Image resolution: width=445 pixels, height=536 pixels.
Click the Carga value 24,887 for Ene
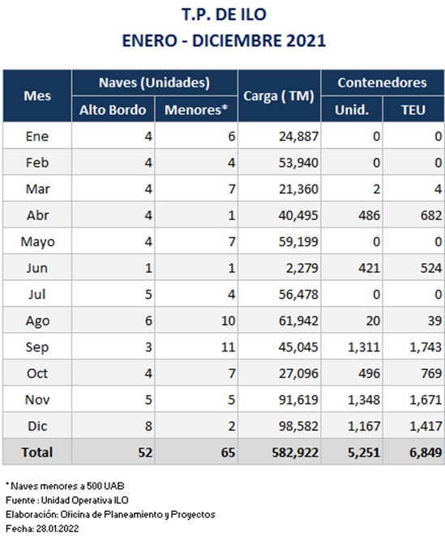298,136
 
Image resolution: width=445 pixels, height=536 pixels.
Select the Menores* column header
196,110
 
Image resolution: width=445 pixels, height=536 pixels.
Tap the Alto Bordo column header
113,110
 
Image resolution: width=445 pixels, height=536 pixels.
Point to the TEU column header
413,110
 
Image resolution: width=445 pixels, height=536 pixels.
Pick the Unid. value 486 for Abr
369,215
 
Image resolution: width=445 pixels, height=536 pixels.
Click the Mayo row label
37,242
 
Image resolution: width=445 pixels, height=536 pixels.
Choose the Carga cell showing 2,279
302,268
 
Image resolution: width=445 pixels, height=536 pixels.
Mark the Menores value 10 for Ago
228,321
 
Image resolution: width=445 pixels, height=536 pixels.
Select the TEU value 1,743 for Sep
426,347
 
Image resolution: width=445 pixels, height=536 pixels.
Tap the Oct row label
37,373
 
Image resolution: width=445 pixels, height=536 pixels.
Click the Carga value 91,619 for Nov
298,400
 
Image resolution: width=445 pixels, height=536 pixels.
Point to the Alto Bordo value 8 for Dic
148,426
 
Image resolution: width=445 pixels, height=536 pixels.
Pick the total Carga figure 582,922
295,453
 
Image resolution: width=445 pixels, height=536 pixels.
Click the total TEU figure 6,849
426,453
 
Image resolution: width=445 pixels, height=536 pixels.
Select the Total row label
37,453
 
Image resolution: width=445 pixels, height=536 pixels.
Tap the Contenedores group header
383,83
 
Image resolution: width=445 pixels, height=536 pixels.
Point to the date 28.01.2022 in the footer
58,529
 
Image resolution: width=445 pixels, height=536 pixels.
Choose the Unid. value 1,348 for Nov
364,400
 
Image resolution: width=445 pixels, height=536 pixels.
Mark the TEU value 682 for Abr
431,215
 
